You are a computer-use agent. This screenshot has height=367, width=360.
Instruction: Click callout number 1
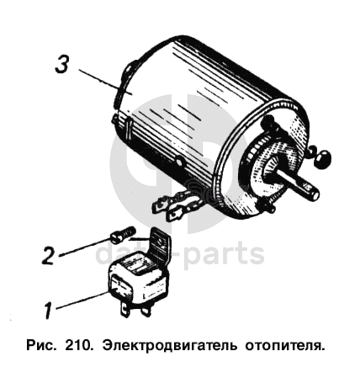[48, 310]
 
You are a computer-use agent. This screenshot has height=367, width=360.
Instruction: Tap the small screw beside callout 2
[123, 234]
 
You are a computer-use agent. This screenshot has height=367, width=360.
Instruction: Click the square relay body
[138, 279]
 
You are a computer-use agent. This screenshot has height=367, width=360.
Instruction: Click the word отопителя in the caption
[285, 345]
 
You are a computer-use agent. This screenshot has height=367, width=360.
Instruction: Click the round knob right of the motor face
[321, 158]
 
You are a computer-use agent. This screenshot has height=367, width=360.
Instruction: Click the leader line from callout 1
[82, 301]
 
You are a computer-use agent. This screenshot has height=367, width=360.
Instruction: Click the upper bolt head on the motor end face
[269, 121]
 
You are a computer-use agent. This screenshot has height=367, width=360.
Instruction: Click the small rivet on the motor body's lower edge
[179, 162]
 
